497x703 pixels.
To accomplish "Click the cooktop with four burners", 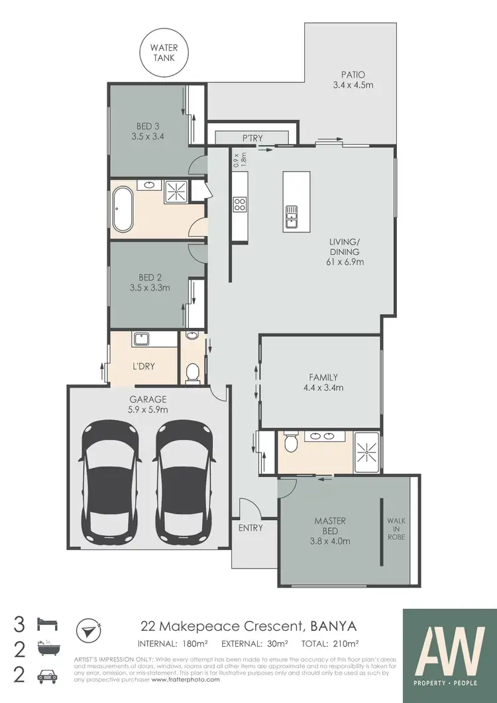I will coord(239,204).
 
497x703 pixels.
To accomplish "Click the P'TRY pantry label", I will coord(252,138).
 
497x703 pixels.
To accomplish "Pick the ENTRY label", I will coord(250,528).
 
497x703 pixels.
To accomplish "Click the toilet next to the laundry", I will coord(192,374).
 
